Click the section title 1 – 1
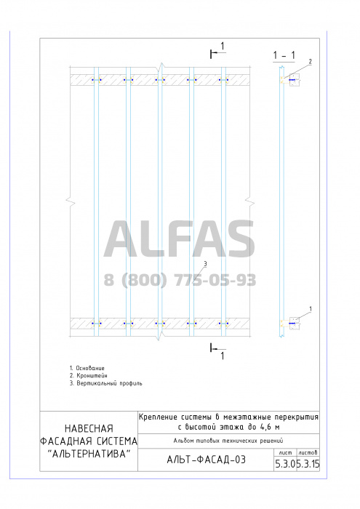coord(284,55)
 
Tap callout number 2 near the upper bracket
coord(310,61)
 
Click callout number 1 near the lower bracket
coord(311,309)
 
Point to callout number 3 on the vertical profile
coord(205,264)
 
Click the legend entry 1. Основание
coord(87,368)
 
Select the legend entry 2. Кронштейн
coord(88,376)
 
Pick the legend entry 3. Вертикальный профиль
coord(106,383)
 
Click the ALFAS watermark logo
coord(179,239)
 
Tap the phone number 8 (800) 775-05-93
coord(180,280)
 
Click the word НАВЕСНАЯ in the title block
coord(89,428)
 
